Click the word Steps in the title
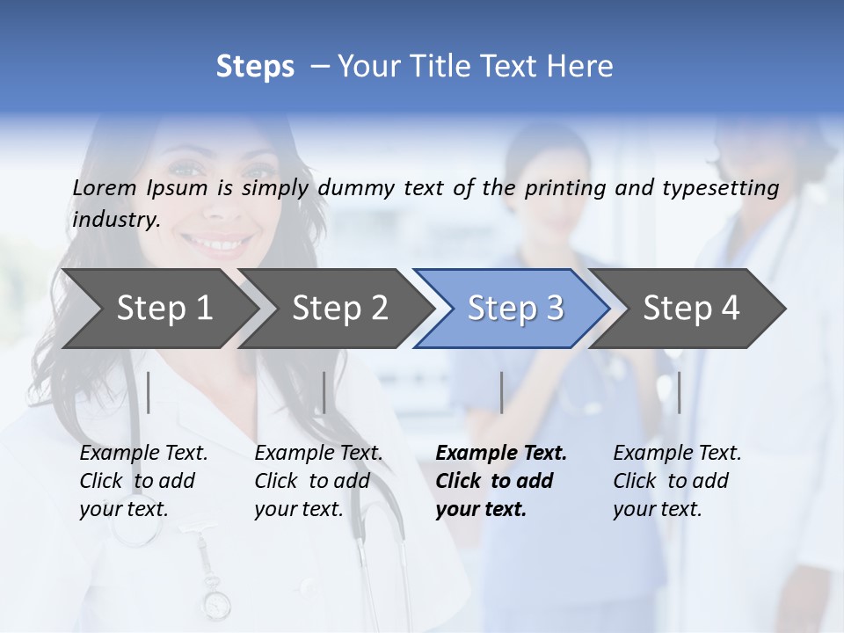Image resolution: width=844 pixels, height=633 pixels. [255, 67]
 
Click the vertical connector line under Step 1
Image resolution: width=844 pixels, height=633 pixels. [149, 392]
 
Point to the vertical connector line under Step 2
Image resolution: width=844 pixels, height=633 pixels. [324, 392]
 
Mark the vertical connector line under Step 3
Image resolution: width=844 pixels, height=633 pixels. [501, 392]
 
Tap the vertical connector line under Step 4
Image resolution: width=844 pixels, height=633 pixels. [679, 392]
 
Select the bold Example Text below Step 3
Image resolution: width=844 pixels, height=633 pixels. [501, 481]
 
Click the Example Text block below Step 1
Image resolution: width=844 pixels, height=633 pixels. [143, 481]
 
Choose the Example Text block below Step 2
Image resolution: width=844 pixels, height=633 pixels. [318, 481]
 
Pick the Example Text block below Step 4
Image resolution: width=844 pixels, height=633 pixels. [677, 481]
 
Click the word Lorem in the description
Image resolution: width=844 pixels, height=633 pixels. [105, 187]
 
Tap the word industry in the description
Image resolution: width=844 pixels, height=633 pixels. [116, 220]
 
